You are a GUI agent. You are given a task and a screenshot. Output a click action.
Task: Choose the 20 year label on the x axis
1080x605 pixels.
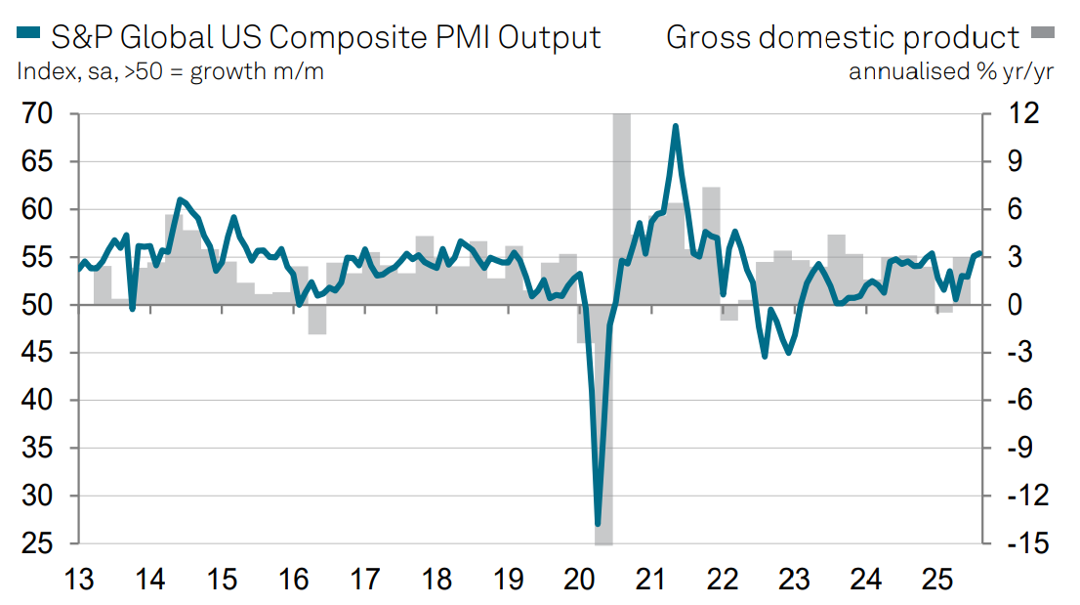click(580, 579)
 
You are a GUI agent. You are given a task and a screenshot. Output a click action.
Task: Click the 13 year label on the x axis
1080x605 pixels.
click(79, 579)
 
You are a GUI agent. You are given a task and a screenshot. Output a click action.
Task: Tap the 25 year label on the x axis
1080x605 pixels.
click(938, 579)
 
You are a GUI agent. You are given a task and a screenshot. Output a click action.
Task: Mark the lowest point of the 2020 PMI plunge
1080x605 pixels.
click(598, 523)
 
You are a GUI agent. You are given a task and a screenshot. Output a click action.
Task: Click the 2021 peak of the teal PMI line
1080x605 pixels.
click(675, 126)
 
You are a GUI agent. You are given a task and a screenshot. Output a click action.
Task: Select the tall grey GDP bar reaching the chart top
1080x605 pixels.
click(621, 195)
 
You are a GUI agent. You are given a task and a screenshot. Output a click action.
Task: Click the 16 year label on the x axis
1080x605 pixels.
click(294, 579)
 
